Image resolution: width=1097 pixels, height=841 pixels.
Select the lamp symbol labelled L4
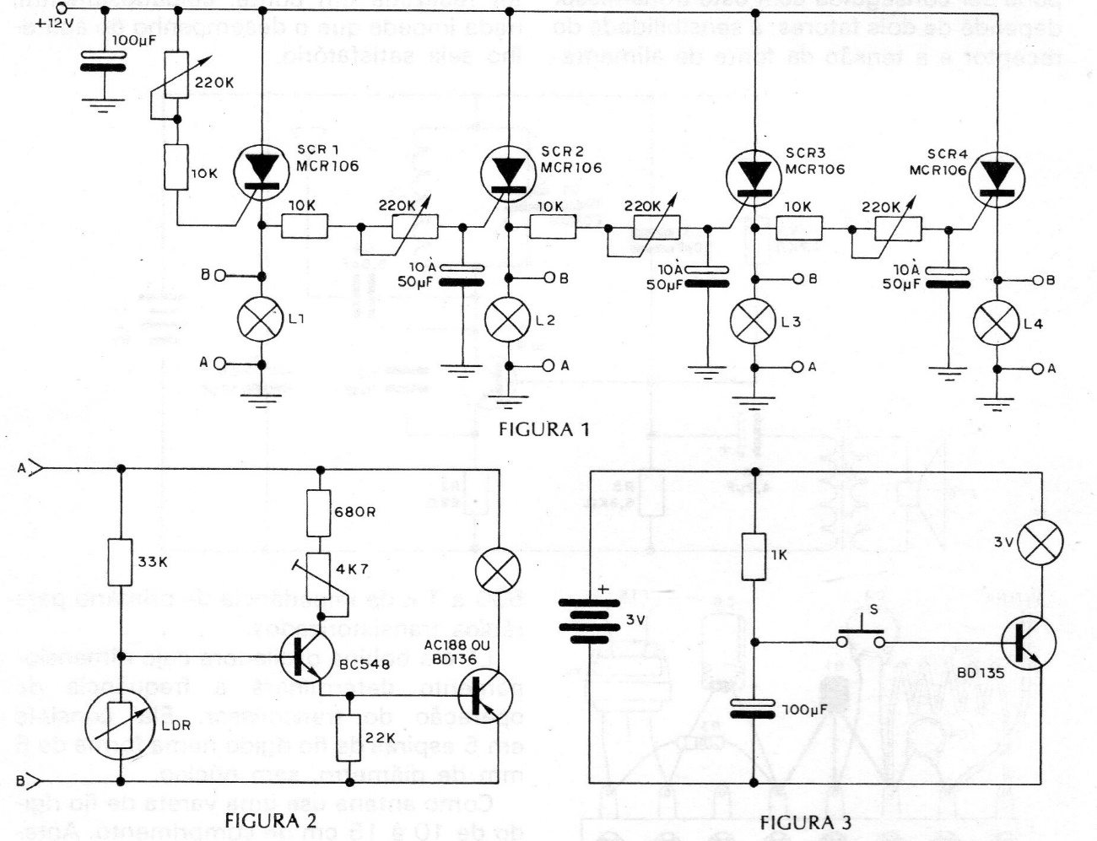pyautogui.click(x=997, y=323)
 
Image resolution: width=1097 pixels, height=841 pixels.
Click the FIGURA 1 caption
pyautogui.click(x=543, y=429)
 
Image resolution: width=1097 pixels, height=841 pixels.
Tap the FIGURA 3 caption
pyautogui.click(x=806, y=822)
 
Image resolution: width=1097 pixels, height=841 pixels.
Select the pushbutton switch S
pyautogui.click(x=861, y=637)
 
